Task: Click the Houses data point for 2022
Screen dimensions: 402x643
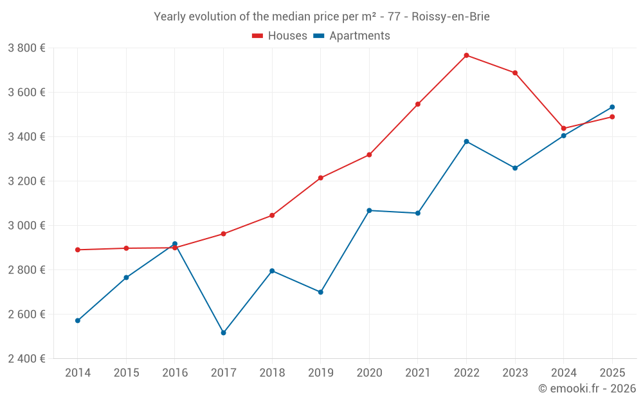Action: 466,55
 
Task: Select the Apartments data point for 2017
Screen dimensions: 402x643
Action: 223,333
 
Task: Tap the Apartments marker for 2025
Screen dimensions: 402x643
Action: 612,107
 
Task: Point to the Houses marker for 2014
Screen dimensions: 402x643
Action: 78,250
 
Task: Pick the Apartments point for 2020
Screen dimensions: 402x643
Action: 369,210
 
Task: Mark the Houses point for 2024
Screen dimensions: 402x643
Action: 563,128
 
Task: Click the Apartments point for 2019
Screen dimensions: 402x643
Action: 320,292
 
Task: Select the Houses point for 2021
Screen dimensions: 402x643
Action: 418,104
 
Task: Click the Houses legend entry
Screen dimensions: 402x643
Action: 280,36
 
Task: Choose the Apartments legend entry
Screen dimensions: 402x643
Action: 352,36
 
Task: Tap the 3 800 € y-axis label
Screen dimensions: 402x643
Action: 26,48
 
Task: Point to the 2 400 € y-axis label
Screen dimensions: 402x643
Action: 26,359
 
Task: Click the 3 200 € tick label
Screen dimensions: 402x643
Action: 26,181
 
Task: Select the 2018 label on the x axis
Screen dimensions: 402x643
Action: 272,372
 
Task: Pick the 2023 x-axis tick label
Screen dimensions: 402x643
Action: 514,372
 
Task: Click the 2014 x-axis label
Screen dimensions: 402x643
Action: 78,372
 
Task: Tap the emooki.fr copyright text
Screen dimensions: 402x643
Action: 586,388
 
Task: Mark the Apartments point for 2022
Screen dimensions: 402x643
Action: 466,142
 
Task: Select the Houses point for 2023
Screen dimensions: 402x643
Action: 515,73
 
